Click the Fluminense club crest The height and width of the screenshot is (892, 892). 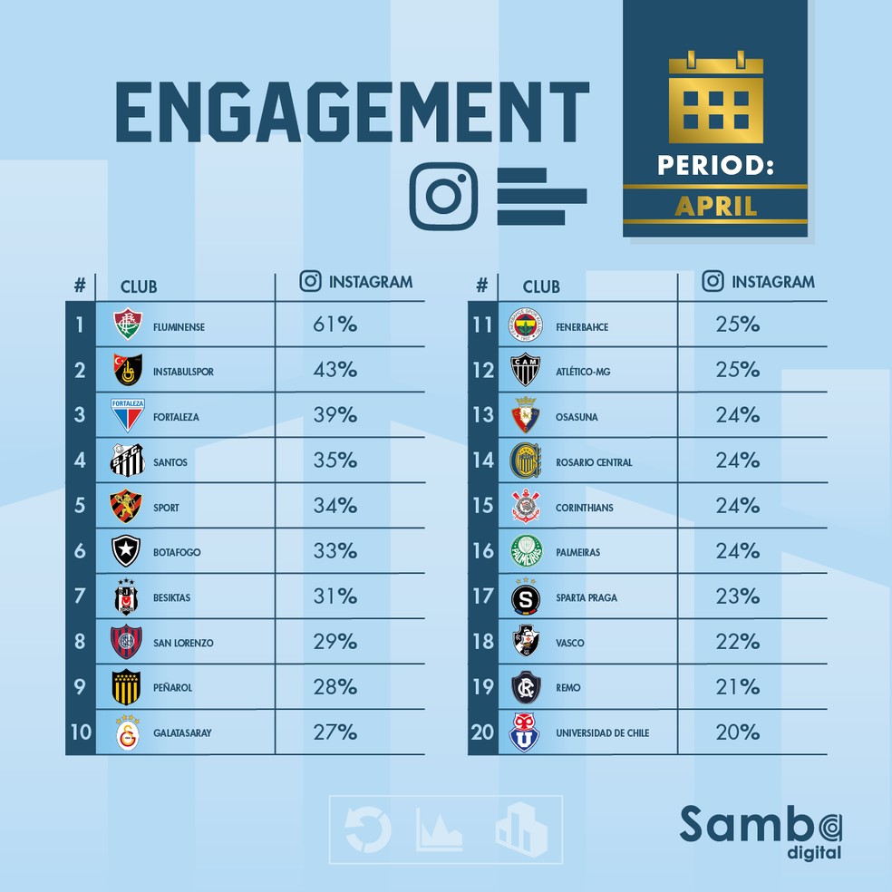(128, 325)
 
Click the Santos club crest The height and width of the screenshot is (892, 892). (128, 461)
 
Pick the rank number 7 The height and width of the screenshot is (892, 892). (80, 596)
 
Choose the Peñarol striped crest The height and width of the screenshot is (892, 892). (128, 687)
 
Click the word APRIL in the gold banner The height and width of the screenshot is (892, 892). (715, 206)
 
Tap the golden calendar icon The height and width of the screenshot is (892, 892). (715, 99)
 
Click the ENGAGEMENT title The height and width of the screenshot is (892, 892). (352, 113)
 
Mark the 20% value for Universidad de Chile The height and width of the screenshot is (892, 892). (737, 731)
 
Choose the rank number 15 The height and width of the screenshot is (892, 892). (482, 506)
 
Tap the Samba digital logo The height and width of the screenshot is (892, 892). (761, 829)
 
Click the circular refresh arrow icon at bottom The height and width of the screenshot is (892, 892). (368, 829)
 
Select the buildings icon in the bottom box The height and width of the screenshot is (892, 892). (521, 829)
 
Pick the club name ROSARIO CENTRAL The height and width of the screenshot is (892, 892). (594, 462)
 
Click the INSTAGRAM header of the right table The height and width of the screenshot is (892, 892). (772, 282)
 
